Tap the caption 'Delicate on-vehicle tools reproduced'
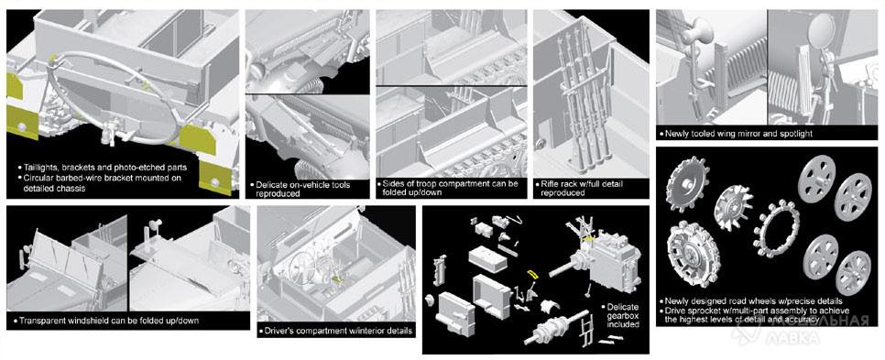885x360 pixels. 302,189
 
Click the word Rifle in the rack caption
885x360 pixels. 550,184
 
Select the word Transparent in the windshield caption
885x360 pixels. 40,321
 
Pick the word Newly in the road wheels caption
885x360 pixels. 675,301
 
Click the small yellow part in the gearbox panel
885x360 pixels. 530,274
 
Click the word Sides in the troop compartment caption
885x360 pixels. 393,184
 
